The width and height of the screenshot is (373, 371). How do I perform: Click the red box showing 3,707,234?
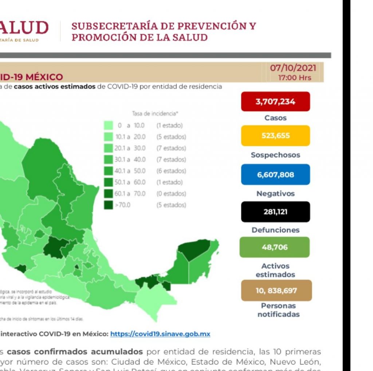(x=275, y=102)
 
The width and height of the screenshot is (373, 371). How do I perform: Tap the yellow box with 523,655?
(x=275, y=136)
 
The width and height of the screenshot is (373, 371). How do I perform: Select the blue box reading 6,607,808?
(x=275, y=174)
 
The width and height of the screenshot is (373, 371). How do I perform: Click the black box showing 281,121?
(x=275, y=212)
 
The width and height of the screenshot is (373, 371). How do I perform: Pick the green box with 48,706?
(x=275, y=247)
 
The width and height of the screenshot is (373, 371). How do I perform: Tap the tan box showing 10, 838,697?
(x=276, y=291)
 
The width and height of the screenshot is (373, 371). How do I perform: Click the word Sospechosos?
(x=275, y=155)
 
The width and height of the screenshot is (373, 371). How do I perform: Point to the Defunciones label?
(x=275, y=230)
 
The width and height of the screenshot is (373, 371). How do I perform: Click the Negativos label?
(x=275, y=194)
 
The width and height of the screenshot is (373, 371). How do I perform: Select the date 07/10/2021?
(x=293, y=68)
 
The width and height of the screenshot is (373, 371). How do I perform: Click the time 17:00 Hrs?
(x=294, y=78)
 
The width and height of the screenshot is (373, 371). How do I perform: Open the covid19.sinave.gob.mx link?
(x=160, y=334)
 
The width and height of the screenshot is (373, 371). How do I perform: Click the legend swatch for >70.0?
(x=108, y=205)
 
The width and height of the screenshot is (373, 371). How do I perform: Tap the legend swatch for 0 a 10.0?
(x=108, y=126)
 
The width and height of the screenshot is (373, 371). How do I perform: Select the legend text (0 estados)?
(x=171, y=194)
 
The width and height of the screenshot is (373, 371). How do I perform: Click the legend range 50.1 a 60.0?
(x=130, y=182)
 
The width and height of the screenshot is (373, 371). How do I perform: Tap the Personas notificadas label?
(x=278, y=310)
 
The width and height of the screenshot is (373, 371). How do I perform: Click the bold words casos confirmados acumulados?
(x=75, y=352)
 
